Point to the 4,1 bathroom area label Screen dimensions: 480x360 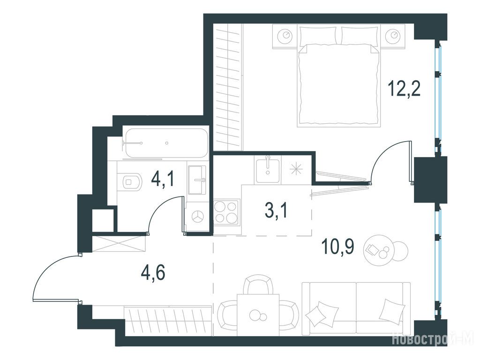(x=163, y=179)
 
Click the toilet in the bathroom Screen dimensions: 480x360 (x=132, y=182)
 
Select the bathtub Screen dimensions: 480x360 (x=166, y=143)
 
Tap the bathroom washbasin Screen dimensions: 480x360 (x=197, y=180)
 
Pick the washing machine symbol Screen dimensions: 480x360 (x=197, y=217)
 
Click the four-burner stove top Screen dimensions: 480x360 (x=226, y=211)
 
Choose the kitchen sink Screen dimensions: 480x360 (x=268, y=169)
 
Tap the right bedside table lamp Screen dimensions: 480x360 (x=393, y=35)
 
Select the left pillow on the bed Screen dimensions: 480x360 (x=319, y=36)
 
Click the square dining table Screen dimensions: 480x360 (x=258, y=315)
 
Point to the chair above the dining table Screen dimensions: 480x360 (x=258, y=284)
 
